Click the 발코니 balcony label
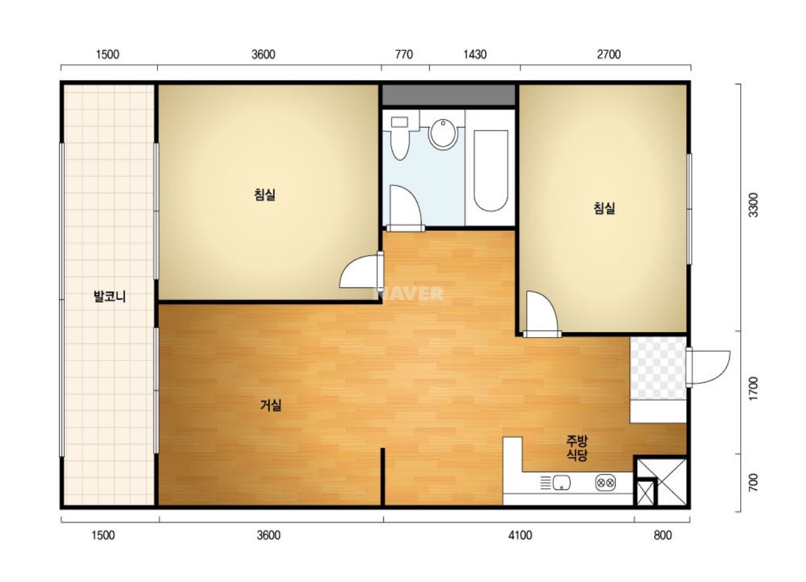coord(110,297)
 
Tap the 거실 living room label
coord(271,406)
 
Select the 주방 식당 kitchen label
coord(577,448)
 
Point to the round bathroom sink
coord(443,134)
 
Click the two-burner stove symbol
coord(605,482)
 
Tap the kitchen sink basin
coord(561,482)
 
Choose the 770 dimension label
coord(404,55)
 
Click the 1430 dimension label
coord(475,55)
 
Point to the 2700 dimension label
coord(609,55)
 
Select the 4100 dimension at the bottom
coord(520,536)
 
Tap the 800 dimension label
coord(663,536)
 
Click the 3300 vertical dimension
coord(753,205)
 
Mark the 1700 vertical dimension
coord(753,388)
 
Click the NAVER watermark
coord(409,293)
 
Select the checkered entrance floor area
coord(657,368)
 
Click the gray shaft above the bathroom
coord(448,95)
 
